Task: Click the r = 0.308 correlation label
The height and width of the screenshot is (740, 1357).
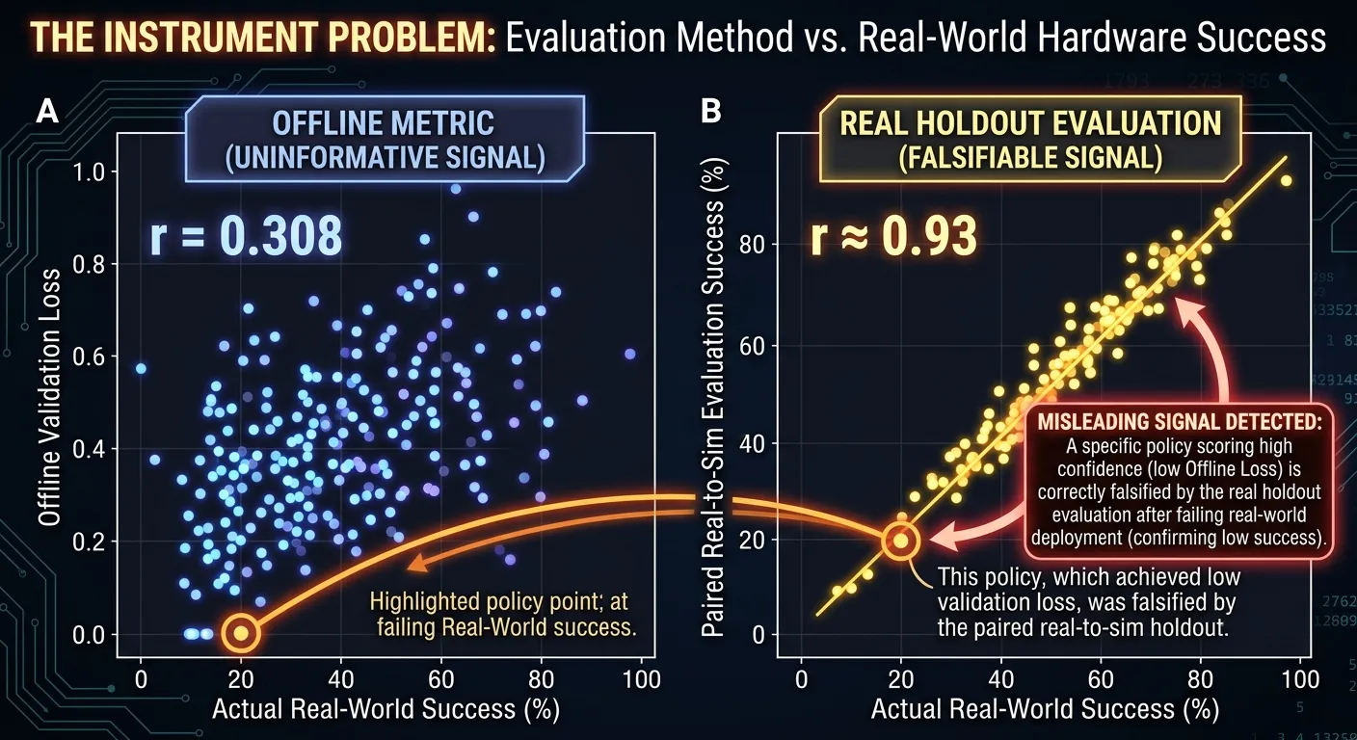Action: [246, 236]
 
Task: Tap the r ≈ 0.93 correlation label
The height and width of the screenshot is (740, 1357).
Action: [894, 236]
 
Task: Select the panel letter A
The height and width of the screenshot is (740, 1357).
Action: [47, 112]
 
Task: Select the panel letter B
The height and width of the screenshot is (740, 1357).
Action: [710, 112]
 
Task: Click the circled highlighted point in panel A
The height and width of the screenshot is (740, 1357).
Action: [241, 633]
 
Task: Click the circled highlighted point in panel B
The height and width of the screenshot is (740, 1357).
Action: [901, 541]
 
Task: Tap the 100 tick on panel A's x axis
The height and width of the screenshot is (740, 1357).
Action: [642, 679]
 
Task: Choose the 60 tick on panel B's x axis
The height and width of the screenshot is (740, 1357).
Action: [1101, 679]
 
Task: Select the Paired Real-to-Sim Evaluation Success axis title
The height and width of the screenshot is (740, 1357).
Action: [713, 398]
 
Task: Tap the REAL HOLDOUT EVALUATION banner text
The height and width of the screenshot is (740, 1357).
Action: [1030, 123]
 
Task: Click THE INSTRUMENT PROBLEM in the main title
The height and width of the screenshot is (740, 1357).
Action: [263, 37]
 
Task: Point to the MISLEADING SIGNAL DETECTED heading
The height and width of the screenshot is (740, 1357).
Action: [1180, 421]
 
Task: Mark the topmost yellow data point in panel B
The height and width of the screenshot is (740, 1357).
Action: [1286, 180]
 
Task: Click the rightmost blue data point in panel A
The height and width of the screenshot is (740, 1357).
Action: [630, 354]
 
